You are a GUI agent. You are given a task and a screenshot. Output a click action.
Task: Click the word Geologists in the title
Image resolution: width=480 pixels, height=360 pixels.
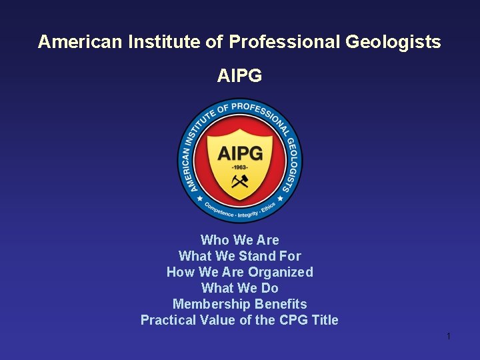coord(393,42)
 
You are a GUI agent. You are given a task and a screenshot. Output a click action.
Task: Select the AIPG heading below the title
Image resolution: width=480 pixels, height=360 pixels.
coord(239,76)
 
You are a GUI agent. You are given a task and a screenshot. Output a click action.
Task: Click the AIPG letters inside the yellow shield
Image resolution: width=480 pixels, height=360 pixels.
coord(239,153)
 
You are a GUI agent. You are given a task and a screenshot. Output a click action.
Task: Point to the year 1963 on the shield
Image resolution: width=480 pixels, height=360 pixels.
coord(239,167)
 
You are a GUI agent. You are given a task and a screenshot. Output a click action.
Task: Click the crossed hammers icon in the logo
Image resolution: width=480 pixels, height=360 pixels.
coord(239,181)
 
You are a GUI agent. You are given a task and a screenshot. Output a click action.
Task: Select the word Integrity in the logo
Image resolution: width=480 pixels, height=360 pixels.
coord(247,213)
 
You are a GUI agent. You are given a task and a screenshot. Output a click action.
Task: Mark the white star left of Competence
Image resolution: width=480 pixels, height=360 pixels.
coord(199,199)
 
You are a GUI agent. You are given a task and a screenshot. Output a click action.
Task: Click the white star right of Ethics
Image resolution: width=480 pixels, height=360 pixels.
coord(281,199)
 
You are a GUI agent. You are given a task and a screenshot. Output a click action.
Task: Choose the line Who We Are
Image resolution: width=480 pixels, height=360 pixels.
coord(239,240)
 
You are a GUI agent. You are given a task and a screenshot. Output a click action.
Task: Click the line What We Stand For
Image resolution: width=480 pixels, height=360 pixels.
coord(239,256)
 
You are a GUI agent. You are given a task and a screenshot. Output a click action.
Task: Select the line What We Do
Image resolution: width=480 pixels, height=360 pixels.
coord(239,288)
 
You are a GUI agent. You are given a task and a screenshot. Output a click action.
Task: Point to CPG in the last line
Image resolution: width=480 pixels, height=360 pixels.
coord(294,320)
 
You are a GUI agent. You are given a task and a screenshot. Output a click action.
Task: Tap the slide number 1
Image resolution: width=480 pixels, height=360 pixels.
coord(449,336)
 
